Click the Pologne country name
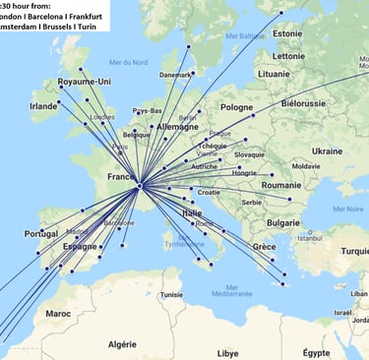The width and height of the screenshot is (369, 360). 236,107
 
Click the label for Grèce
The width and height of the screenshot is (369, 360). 264,246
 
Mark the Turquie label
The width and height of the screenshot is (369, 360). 351,252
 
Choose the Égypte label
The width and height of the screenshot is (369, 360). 317,352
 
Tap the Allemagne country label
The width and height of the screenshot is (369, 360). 177,126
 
